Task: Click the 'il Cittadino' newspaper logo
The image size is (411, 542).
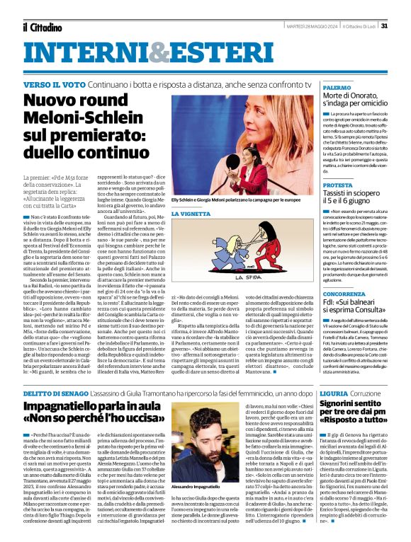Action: (x=44, y=27)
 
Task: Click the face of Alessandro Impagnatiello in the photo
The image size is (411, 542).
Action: (x=215, y=417)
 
